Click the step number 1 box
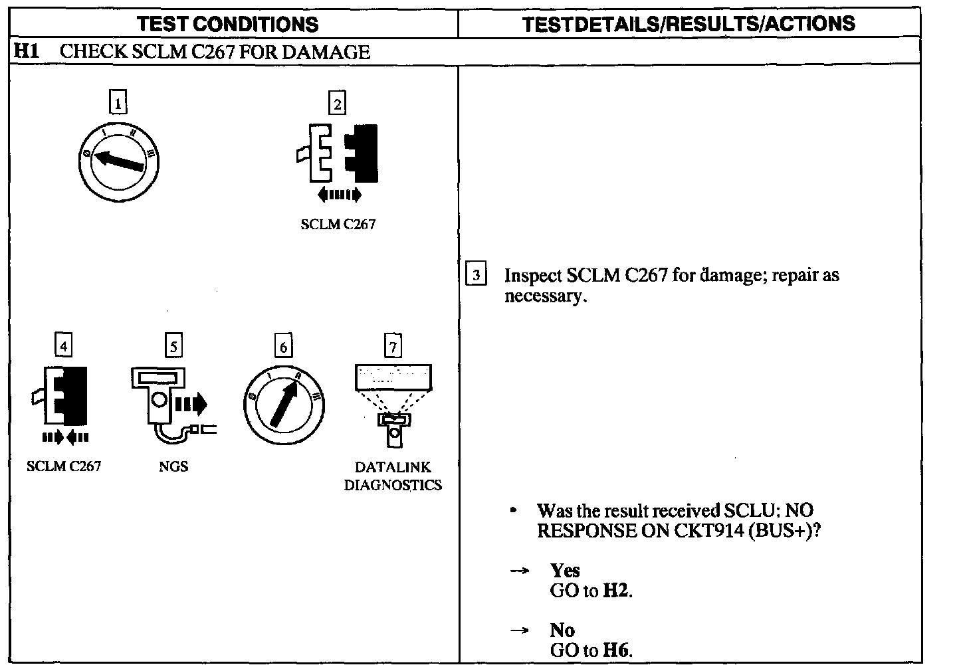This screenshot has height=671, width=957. [x=118, y=104]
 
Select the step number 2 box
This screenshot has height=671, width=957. [x=337, y=104]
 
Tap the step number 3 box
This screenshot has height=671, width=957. [x=477, y=275]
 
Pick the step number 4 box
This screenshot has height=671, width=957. [x=62, y=346]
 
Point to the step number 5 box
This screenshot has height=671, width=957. [x=173, y=346]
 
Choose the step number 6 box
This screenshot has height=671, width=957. [x=283, y=347]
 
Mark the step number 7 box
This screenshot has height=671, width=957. [x=393, y=346]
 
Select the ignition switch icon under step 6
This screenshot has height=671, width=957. [x=284, y=405]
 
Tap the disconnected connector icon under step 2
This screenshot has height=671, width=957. [x=338, y=153]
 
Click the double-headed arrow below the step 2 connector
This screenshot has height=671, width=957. [x=339, y=195]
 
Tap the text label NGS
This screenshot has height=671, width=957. [x=173, y=466]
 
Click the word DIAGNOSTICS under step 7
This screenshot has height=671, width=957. [x=393, y=485]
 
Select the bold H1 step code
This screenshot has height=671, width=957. [x=27, y=52]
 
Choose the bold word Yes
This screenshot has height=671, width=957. [x=565, y=570]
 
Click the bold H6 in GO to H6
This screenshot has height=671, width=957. [x=615, y=650]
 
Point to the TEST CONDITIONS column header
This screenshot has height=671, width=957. [x=227, y=25]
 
